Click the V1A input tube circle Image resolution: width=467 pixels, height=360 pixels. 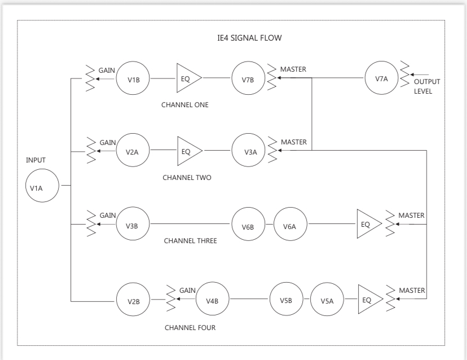click(42, 187)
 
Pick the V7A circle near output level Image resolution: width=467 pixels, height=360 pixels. click(381, 78)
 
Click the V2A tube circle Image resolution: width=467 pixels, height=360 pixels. click(133, 151)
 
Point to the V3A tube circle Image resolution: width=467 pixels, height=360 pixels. click(248, 151)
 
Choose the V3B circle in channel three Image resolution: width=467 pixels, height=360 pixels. click(133, 225)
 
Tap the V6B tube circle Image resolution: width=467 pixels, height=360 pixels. click(248, 225)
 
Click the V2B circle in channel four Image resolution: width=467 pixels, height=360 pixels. click(133, 299)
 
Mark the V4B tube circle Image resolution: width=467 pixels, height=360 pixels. click(212, 299)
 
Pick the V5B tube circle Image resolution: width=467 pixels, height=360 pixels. click(285, 299)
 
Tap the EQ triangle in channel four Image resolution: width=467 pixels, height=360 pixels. click(368, 299)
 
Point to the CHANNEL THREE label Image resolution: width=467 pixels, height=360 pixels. click(190, 240)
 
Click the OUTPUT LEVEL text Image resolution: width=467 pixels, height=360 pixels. click(427, 86)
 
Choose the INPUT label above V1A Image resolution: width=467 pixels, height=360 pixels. click(36, 160)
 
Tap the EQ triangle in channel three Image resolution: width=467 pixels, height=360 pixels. click(367, 225)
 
